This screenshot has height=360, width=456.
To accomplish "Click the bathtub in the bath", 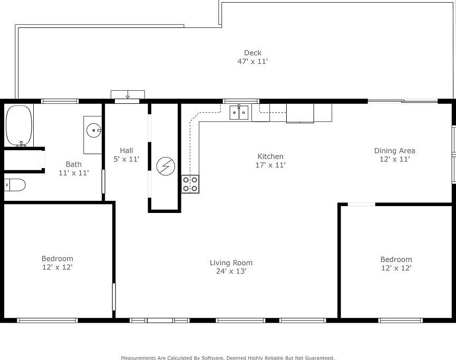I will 19,125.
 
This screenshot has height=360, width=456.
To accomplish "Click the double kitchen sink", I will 239,112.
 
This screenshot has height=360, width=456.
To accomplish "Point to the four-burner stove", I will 190,184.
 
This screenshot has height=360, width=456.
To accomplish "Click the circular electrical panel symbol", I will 165,166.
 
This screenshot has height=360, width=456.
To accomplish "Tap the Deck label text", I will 253,53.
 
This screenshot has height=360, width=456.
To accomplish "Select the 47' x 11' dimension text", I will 253,62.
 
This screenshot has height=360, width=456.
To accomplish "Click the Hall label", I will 126,150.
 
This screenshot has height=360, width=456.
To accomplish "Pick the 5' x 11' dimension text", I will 126,159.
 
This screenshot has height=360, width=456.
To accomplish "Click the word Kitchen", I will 270,156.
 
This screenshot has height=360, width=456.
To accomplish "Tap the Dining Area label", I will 394,150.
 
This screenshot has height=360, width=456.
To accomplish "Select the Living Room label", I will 231,262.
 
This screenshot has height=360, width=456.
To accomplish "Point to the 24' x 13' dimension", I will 231,271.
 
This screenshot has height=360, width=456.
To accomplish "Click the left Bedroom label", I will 57,258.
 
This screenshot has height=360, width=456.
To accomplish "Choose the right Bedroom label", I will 396,259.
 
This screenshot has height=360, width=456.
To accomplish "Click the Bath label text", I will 73,164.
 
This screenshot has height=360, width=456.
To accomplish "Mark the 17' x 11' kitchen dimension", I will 270,165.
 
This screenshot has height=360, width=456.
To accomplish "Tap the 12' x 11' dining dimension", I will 394,159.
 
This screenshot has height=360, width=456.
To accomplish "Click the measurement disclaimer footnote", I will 228,357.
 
